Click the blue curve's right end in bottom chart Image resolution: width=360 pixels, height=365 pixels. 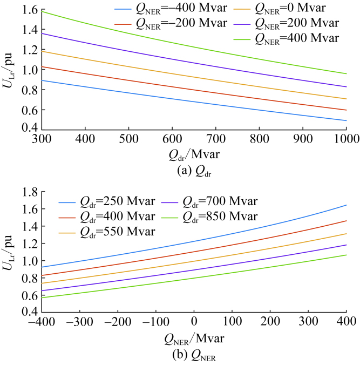[346, 205]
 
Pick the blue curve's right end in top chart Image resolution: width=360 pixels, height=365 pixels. [346, 120]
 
